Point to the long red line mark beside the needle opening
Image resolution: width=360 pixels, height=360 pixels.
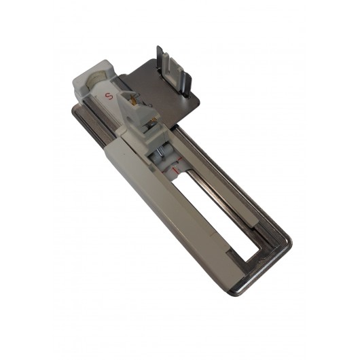click(176, 170)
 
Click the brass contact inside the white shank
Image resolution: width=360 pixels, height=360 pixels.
click(132, 99)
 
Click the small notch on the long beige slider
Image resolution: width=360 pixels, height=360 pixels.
click(211, 234)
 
